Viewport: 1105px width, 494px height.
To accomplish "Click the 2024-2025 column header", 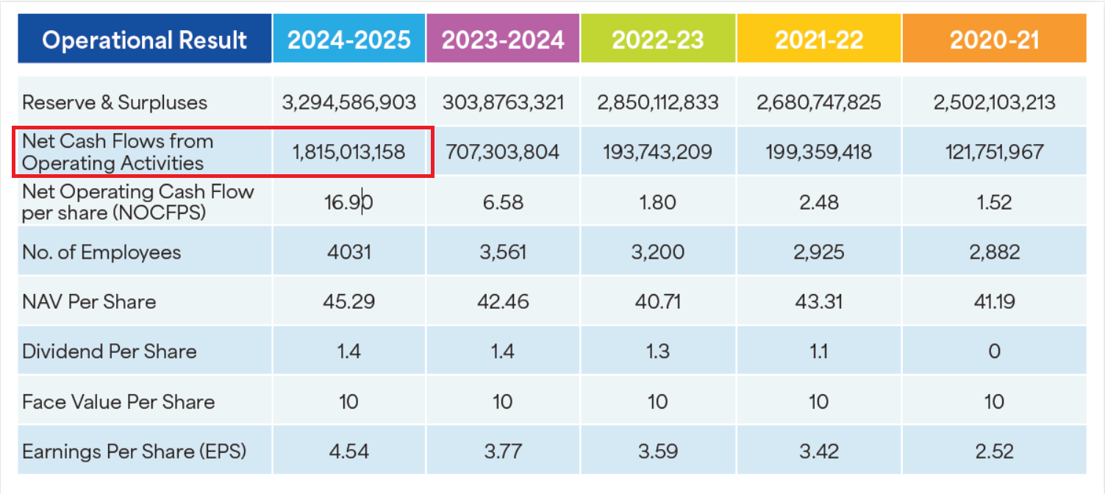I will click(348, 39).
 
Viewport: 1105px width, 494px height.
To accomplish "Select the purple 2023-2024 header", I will click(503, 39).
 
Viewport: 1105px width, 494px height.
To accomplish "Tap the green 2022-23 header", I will click(658, 39).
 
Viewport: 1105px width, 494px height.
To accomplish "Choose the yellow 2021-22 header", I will click(818, 39).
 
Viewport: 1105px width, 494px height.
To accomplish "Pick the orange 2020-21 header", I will click(994, 39).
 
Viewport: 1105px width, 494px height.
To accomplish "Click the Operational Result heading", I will click(144, 39).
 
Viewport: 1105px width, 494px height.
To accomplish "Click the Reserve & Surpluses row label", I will click(115, 102).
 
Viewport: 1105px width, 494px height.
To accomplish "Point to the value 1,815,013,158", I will click(348, 152).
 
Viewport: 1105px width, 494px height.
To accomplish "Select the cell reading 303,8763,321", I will click(503, 102).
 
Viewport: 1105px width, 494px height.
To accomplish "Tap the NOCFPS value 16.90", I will click(348, 202).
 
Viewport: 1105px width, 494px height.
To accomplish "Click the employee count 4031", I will click(348, 252).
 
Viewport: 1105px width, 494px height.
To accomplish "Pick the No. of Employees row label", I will click(101, 252).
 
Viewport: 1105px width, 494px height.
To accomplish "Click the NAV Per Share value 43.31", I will click(818, 301).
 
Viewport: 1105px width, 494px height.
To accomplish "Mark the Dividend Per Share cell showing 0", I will click(994, 351).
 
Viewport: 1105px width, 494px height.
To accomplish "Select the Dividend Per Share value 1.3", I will click(658, 351).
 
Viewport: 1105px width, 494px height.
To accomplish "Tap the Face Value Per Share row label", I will click(118, 402).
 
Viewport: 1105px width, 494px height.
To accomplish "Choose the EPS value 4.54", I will click(348, 451).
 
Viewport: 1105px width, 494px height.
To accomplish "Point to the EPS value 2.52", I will click(994, 451).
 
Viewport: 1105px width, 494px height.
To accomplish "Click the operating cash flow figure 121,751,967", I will click(994, 152).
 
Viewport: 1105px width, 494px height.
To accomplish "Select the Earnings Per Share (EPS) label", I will click(134, 451).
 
